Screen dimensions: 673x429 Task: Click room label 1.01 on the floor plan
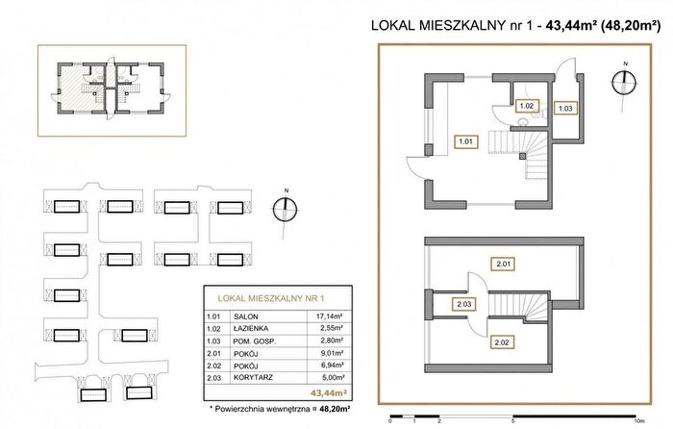tap(465, 141)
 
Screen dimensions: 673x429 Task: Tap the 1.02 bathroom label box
tap(526, 106)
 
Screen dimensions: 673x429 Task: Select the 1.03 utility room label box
tap(565, 109)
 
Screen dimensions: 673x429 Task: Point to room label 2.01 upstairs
tap(503, 264)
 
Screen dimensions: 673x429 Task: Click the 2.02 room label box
tap(502, 342)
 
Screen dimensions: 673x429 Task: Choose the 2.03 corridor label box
tap(464, 304)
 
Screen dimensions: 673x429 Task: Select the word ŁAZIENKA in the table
tap(251, 329)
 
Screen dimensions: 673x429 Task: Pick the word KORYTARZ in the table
tap(253, 377)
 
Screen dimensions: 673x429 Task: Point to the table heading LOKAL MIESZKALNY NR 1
tap(270, 298)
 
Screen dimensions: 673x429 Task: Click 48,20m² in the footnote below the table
tap(335, 409)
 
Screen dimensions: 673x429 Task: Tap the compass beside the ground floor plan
tap(624, 82)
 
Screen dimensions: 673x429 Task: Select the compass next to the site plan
tap(285, 209)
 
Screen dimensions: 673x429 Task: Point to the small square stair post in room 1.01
tap(522, 157)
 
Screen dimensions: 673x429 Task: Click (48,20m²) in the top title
tap(630, 26)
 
